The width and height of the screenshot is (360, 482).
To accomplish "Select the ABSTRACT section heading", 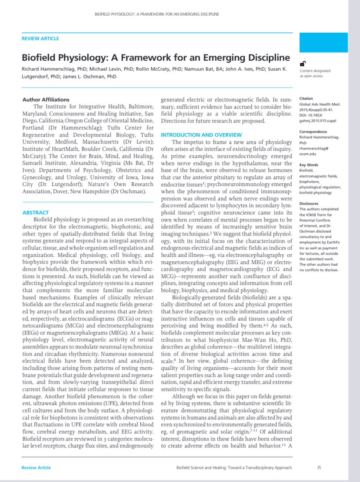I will click(x=35, y=213).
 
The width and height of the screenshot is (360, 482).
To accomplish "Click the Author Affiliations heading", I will click(x=46, y=100).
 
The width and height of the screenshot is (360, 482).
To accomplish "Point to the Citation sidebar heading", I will click(x=306, y=99).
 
